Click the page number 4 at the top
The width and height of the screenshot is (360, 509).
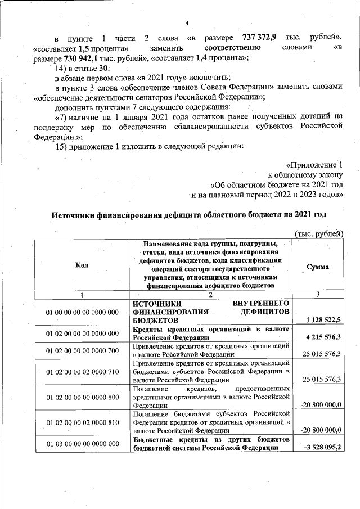(x=187, y=22)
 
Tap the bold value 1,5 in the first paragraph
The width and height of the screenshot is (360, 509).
(x=85, y=48)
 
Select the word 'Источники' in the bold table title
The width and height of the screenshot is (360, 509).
(x=77, y=215)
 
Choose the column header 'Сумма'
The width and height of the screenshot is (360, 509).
(x=318, y=267)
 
